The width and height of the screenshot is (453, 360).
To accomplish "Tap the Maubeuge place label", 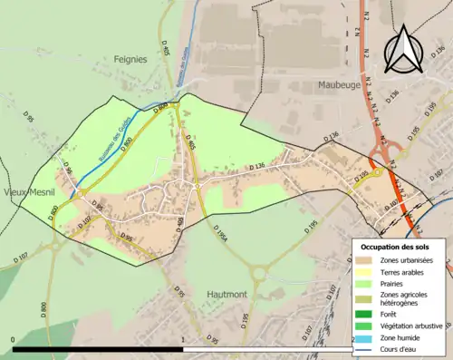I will [341, 85].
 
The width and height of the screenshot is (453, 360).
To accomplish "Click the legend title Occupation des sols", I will [397, 247].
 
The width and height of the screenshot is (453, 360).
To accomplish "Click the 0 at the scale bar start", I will [14, 340].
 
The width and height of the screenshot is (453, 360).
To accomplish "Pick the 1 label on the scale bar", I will [185, 340].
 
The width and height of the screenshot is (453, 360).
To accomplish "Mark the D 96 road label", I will [66, 170].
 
